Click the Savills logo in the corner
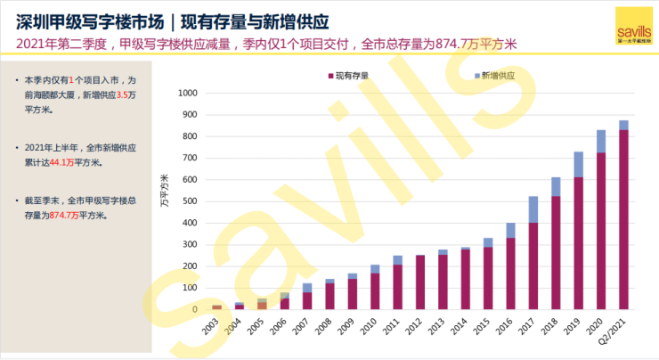coord(632,25)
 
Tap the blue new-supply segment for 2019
coord(578,164)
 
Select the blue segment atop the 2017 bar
coord(533,209)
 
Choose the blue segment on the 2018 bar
coord(555,186)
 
